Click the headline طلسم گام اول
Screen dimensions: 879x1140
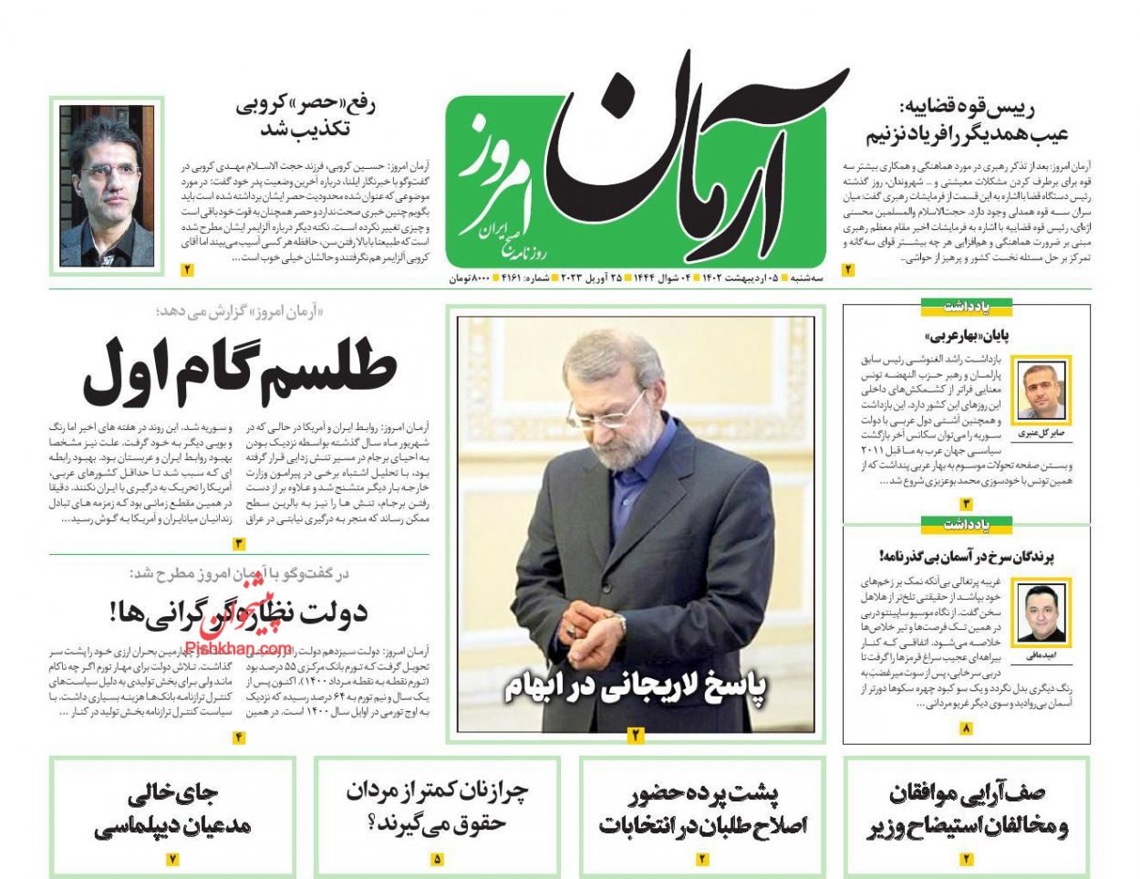[x=240, y=370]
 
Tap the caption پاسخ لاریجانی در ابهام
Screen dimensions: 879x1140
[x=636, y=687]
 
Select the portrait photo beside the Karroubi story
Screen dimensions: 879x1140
[x=107, y=185]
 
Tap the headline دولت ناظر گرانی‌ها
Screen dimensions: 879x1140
[x=239, y=612]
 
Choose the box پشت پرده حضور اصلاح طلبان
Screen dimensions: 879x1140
[x=702, y=809]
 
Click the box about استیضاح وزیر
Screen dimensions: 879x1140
[x=967, y=809]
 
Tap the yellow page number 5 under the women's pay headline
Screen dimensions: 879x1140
[x=437, y=859]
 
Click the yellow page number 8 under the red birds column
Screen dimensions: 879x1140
[x=966, y=727]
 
